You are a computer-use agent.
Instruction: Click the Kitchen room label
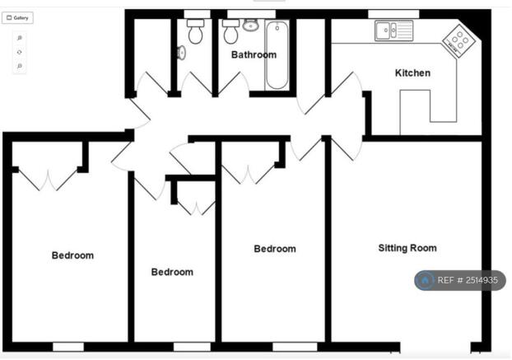412,72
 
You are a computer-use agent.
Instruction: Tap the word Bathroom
254,54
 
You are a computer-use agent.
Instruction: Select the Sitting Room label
407,248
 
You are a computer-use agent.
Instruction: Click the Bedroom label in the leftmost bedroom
72,255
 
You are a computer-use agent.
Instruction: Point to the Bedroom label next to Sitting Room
275,249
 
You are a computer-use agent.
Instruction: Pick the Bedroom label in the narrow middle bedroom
172,272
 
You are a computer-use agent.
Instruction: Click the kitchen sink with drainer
393,30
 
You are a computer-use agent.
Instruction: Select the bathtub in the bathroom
277,54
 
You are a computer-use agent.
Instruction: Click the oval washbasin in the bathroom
251,25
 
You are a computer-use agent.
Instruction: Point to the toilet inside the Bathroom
230,31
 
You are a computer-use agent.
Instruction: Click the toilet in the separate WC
195,31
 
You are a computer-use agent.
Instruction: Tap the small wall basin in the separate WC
182,53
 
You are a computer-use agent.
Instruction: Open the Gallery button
17,18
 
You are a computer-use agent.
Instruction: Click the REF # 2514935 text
468,280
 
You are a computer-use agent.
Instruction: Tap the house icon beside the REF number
425,280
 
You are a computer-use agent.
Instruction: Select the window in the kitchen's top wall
393,14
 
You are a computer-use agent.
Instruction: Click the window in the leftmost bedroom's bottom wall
68,347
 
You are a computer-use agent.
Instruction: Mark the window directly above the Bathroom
251,14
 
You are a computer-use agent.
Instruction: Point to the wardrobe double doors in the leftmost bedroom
49,179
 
